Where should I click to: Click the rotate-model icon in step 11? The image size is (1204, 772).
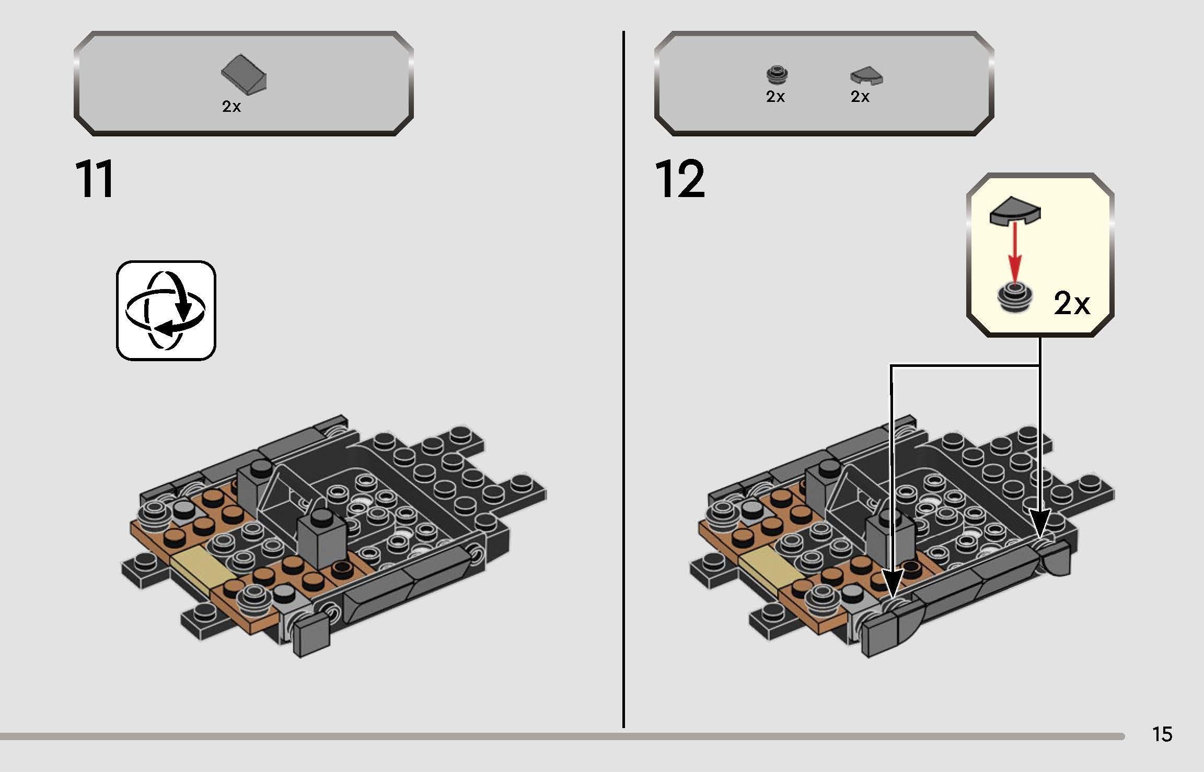coord(166,310)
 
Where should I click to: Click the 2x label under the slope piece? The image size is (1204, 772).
coord(231,107)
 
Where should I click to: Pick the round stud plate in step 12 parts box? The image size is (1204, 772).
coord(777,75)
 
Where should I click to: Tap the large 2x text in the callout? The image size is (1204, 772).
coord(1071,304)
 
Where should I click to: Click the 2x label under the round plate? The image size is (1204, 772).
coord(775,97)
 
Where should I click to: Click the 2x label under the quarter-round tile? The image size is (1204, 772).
coord(860,97)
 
